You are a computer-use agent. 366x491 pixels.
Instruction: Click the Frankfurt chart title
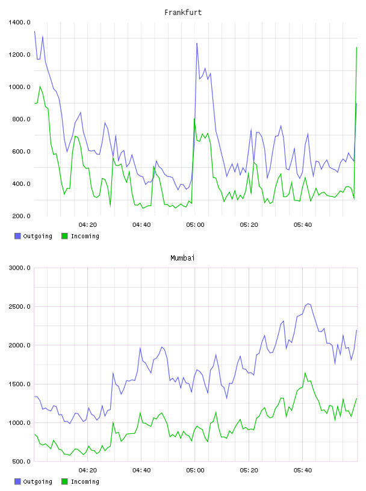(x=183, y=13)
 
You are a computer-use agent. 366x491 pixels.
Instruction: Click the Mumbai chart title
(x=182, y=258)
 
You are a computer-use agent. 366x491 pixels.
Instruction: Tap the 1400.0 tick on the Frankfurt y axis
(x=20, y=22)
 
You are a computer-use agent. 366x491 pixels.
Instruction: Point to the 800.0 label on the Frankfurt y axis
(x=21, y=119)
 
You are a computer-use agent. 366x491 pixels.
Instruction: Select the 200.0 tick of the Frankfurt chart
(x=21, y=216)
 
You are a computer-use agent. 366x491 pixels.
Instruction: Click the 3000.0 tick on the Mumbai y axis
(x=20, y=268)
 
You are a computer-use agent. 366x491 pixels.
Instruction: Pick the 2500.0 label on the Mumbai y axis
(x=20, y=306)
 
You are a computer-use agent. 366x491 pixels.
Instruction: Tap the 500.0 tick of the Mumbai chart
(x=21, y=462)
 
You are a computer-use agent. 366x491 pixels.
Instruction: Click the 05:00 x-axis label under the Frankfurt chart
(x=195, y=225)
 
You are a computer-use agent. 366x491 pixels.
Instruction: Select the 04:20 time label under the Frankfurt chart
(x=88, y=225)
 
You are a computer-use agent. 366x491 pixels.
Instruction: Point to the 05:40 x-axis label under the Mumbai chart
(x=303, y=471)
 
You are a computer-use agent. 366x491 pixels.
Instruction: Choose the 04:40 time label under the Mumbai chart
(x=141, y=471)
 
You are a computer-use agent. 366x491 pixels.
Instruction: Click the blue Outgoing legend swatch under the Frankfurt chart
(x=17, y=236)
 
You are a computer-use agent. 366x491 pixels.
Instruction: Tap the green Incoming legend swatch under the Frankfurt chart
(x=64, y=236)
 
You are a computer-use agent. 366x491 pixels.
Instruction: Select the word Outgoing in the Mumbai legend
(x=37, y=481)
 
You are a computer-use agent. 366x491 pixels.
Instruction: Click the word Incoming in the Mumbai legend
(x=85, y=481)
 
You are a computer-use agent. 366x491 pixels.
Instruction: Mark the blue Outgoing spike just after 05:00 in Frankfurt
(x=197, y=43)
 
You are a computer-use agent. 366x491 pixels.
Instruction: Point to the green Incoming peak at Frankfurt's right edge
(x=356, y=48)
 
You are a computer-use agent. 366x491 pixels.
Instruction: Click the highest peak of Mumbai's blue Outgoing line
(x=308, y=304)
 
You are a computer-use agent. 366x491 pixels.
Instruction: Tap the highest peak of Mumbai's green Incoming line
(x=305, y=373)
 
